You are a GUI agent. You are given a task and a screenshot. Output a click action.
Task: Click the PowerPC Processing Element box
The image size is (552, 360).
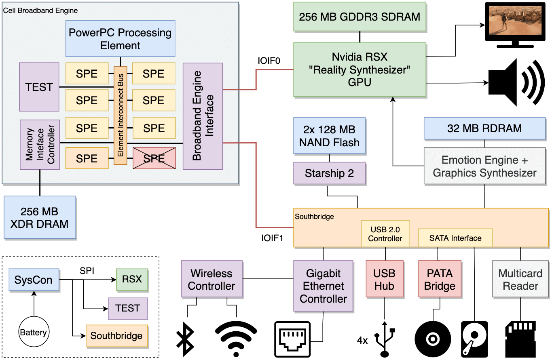[x=120, y=38]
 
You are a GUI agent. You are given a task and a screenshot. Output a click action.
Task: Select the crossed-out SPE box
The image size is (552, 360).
[x=154, y=158]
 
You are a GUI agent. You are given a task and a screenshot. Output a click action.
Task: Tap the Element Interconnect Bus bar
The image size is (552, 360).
[x=121, y=115]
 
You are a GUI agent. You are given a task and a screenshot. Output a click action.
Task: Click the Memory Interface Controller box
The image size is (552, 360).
[x=40, y=144]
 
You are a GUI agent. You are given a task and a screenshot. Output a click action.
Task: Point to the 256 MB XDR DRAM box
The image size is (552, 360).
[x=40, y=217]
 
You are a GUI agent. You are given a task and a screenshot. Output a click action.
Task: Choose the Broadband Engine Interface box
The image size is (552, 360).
[x=203, y=116]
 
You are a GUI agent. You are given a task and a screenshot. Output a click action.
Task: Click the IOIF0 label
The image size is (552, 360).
[x=269, y=61]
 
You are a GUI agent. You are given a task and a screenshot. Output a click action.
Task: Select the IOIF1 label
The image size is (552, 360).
[x=272, y=238]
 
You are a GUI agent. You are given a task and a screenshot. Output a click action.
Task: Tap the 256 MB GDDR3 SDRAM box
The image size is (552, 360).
[x=360, y=17]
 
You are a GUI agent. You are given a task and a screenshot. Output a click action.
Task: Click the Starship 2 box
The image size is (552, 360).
[x=329, y=174]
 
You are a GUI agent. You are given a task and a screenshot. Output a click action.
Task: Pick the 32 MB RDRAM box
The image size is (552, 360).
[x=484, y=128]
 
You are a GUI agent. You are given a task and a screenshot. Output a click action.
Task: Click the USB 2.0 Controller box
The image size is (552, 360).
[x=385, y=234]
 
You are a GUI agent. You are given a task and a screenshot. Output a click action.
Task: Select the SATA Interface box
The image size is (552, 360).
[x=455, y=238]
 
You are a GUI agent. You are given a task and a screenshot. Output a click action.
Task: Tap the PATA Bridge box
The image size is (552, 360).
[x=440, y=280]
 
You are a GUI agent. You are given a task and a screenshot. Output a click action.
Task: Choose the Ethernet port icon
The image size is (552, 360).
[x=292, y=339]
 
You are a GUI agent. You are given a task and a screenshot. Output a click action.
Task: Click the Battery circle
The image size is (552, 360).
[x=33, y=333]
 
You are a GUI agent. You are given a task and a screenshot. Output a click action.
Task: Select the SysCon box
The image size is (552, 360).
[x=34, y=280]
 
